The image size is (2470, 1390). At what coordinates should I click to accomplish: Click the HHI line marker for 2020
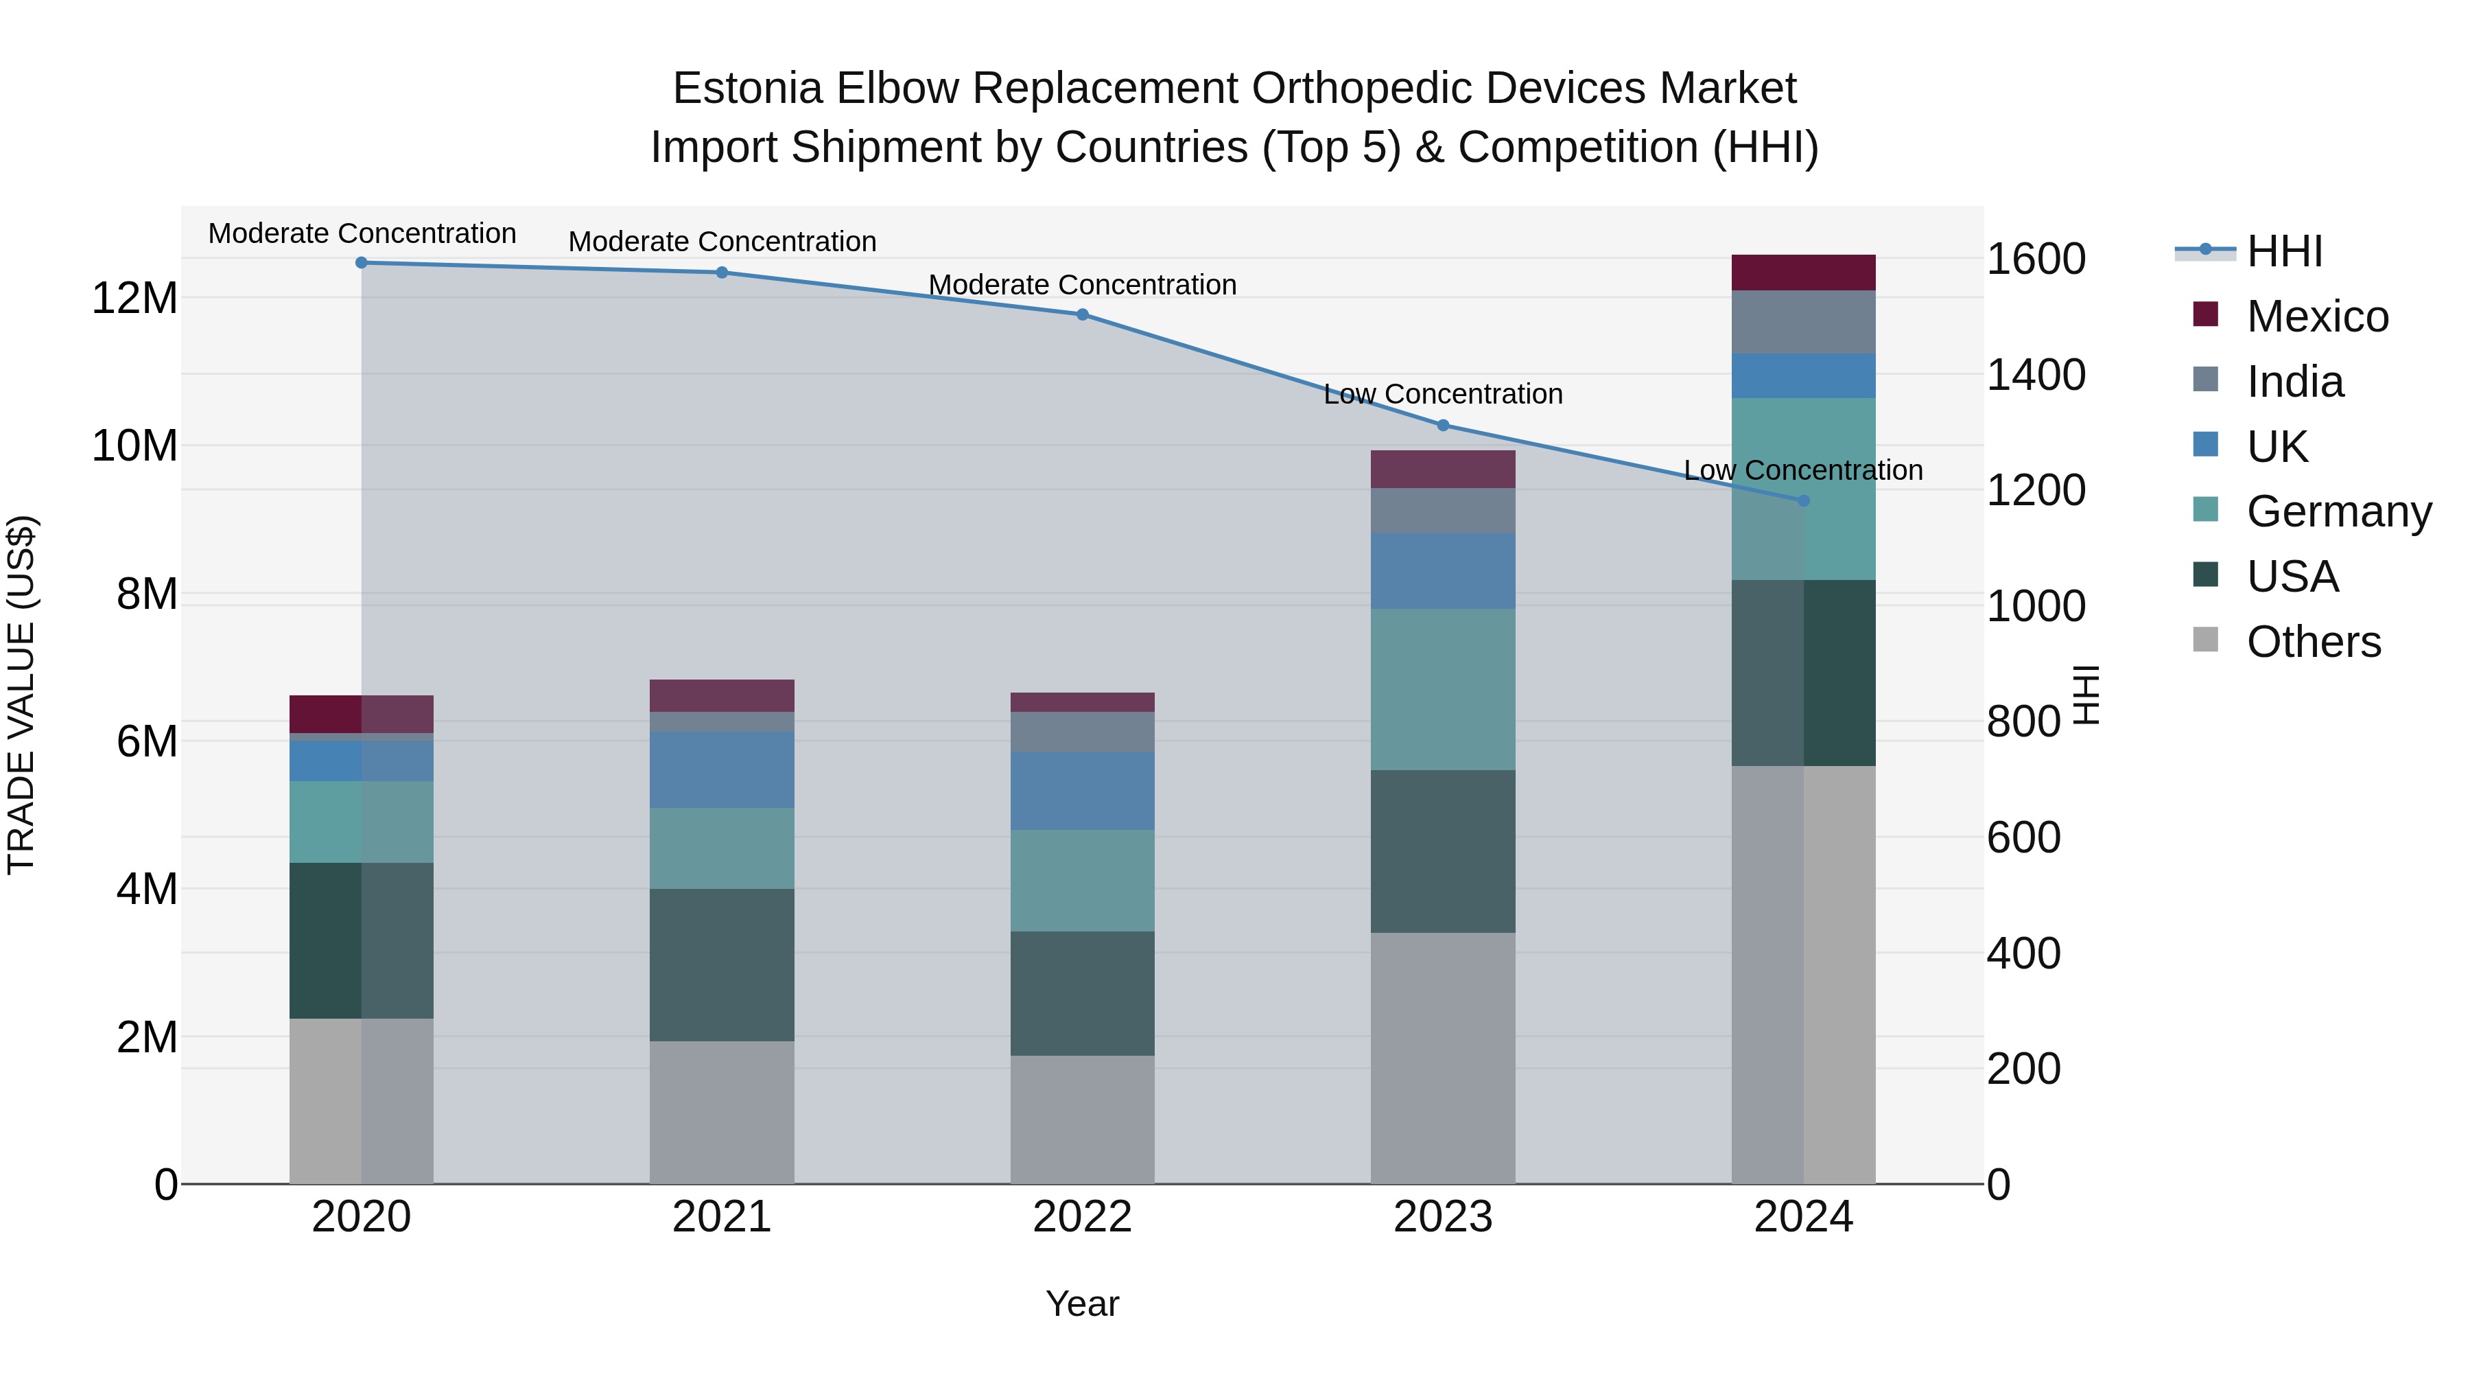(362, 263)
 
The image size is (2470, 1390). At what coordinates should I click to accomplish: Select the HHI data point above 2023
(1443, 425)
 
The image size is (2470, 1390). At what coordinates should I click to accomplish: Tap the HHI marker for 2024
(1804, 501)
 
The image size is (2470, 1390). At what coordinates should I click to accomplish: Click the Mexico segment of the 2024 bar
(1804, 273)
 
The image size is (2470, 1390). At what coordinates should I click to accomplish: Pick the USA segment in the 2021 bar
(722, 964)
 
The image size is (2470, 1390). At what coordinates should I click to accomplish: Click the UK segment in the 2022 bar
(1083, 791)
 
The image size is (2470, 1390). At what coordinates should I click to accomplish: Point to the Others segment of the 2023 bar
(1443, 1057)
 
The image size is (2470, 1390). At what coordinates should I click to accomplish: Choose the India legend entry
(2294, 382)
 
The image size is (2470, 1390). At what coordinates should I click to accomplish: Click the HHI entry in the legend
(2284, 251)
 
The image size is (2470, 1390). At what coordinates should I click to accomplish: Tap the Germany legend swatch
(2205, 510)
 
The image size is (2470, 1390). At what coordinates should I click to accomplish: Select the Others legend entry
(2313, 642)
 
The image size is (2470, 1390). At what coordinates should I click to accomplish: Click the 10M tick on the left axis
(134, 446)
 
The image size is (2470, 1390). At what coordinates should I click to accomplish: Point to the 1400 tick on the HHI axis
(2036, 375)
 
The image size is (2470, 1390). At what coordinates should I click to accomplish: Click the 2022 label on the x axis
(1083, 1217)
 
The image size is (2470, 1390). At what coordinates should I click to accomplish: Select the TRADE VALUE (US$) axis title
(21, 695)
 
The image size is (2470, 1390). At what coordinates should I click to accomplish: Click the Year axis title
(1083, 1304)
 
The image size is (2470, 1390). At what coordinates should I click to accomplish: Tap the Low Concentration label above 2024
(1804, 470)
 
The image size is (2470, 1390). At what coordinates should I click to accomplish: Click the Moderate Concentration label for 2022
(1083, 285)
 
